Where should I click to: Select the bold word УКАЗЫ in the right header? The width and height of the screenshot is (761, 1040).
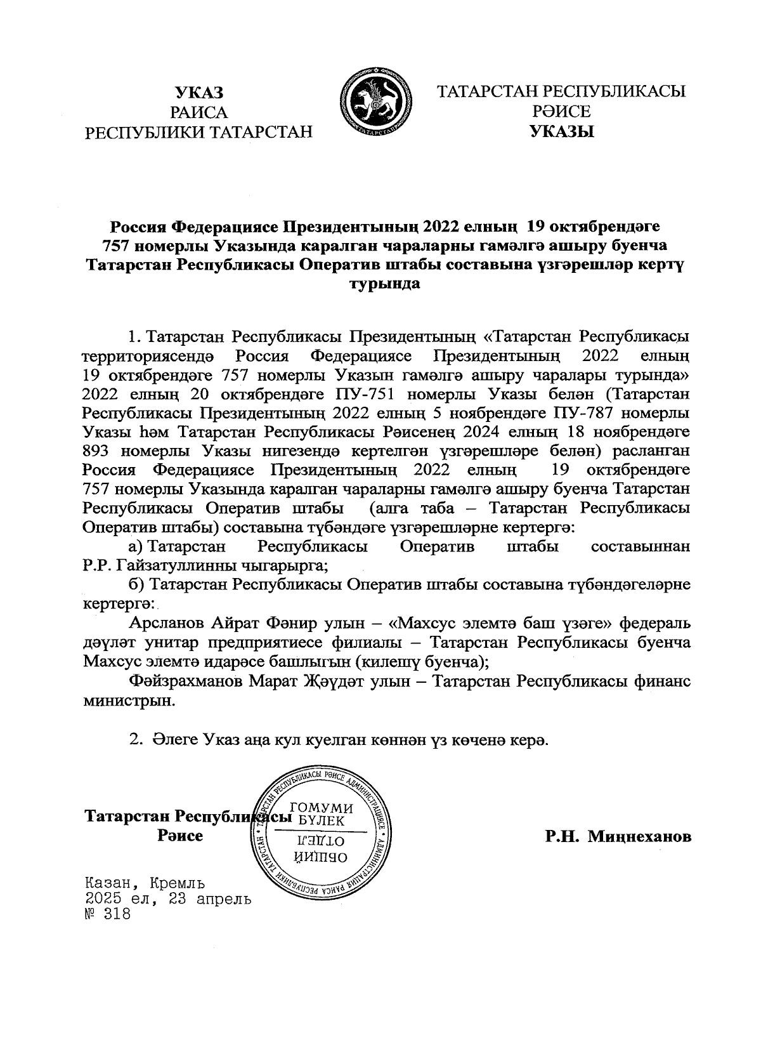(x=562, y=133)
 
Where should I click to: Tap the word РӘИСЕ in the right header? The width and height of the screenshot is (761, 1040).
(x=562, y=112)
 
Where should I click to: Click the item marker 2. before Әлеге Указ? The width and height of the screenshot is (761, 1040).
(x=134, y=741)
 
